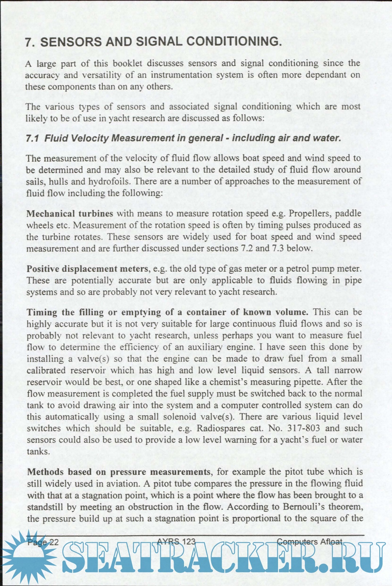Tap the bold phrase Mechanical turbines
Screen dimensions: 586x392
pyautogui.click(x=70, y=214)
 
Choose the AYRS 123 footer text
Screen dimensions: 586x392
pyautogui.click(x=176, y=542)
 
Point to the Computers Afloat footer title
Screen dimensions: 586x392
pyautogui.click(x=309, y=542)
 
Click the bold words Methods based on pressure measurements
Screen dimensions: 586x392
pyautogui.click(x=119, y=472)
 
